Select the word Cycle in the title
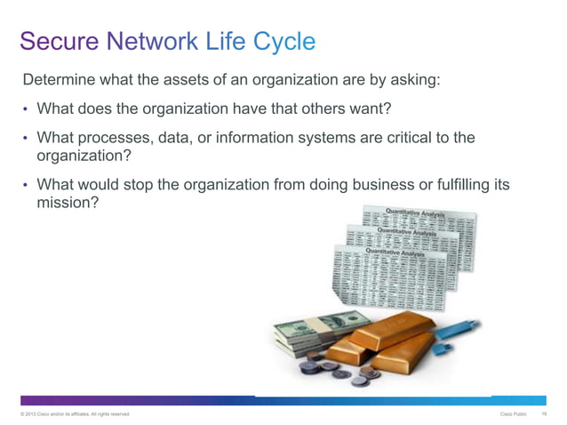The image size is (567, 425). point(284,41)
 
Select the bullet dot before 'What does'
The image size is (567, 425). point(26,110)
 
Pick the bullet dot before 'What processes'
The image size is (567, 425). point(26,139)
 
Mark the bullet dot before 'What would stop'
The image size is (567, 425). point(26,186)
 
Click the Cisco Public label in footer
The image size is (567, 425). point(513,414)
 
